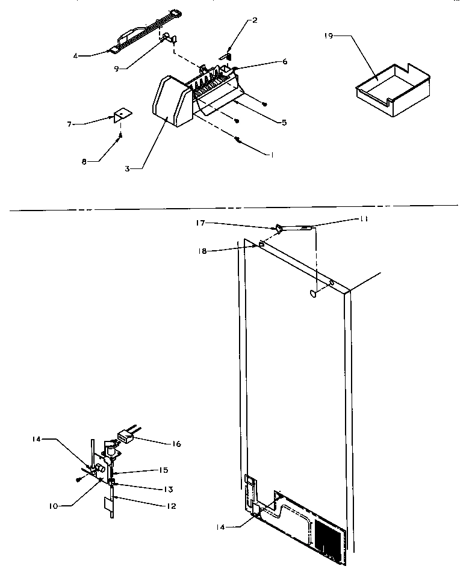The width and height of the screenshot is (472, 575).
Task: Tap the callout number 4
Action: tap(76, 56)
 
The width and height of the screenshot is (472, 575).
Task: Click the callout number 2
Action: tap(255, 20)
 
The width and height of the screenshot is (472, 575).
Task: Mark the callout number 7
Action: tap(70, 124)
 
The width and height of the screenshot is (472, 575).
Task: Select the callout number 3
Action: tap(128, 169)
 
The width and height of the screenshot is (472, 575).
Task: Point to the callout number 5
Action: tap(284, 122)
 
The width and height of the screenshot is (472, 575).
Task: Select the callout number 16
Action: tap(176, 444)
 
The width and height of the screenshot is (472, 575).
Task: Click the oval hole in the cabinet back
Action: tap(312, 294)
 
